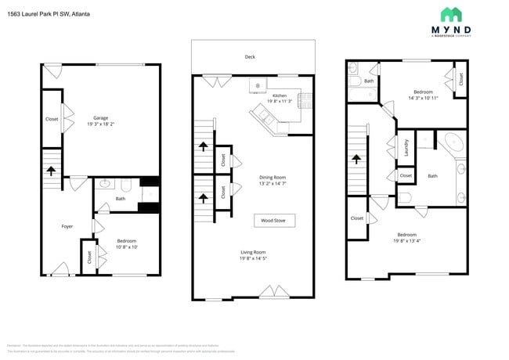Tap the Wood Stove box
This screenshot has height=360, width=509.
pyautogui.click(x=273, y=221)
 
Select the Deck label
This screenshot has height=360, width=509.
pyautogui.click(x=251, y=57)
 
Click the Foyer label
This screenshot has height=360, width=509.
pyautogui.click(x=67, y=226)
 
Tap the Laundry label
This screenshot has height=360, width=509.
pyautogui.click(x=406, y=147)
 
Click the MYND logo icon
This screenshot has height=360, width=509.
pyautogui.click(x=451, y=14)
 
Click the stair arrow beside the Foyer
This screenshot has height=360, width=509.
pyautogui.click(x=52, y=171)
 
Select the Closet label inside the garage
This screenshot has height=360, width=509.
pyautogui.click(x=52, y=120)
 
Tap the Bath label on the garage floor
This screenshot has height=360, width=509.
pyautogui.click(x=120, y=198)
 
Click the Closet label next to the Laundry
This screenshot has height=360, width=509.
pyautogui.click(x=406, y=175)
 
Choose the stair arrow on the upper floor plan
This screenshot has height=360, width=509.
pyautogui.click(x=358, y=159)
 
